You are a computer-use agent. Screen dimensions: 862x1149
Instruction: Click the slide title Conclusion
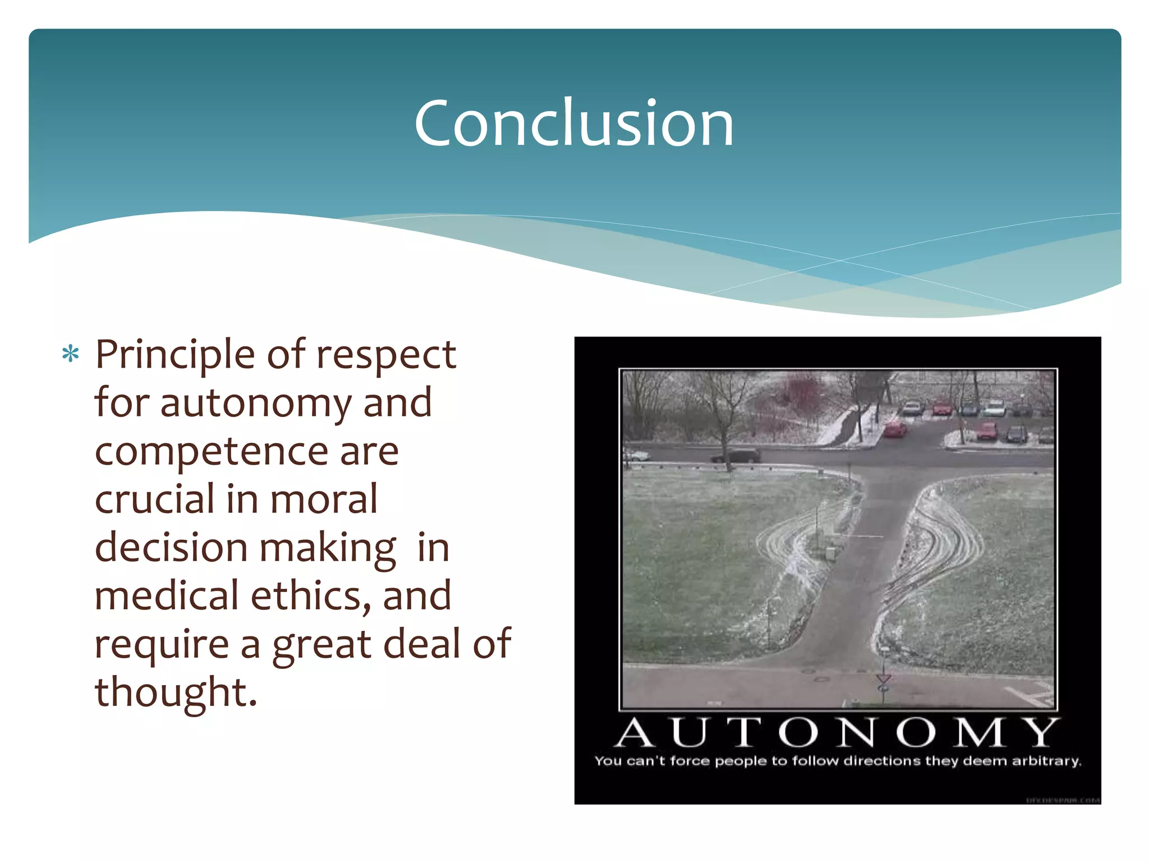tap(574, 123)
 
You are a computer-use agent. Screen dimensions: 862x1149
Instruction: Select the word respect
tap(386, 355)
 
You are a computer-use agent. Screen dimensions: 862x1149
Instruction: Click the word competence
tap(211, 451)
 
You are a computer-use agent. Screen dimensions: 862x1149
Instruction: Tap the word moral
tap(324, 499)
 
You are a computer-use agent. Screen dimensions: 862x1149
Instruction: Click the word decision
tap(171, 548)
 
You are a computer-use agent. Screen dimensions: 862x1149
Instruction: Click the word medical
tap(167, 596)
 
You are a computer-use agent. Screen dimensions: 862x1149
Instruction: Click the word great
tap(322, 645)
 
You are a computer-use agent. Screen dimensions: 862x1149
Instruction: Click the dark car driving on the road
tap(736, 455)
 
